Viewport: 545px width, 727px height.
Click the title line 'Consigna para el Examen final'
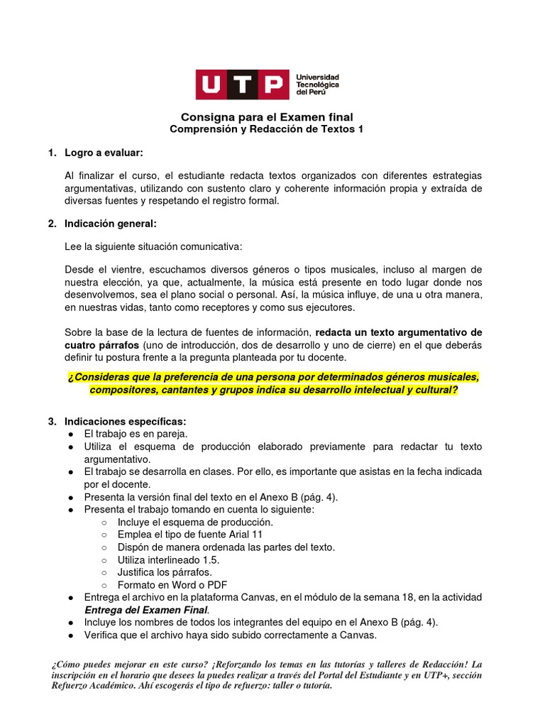pyautogui.click(x=266, y=116)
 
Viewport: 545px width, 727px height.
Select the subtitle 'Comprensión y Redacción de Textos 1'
pyautogui.click(x=266, y=129)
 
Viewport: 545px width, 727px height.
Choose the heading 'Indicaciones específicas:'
pyautogui.click(x=124, y=421)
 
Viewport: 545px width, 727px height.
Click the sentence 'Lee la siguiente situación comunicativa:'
pyautogui.click(x=153, y=246)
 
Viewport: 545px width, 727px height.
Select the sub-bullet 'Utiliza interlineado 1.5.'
pyautogui.click(x=169, y=559)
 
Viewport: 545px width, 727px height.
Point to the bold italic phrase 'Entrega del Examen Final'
pyautogui.click(x=146, y=610)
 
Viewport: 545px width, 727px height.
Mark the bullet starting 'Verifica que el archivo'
pyautogui.click(x=230, y=635)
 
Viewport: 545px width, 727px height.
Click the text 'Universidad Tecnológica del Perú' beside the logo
pyautogui.click(x=317, y=84)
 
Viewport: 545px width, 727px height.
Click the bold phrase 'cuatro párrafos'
pyautogui.click(x=97, y=344)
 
